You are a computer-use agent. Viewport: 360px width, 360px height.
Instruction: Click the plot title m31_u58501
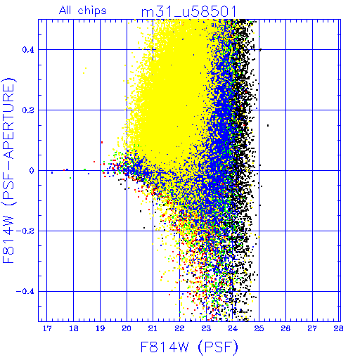[188, 12]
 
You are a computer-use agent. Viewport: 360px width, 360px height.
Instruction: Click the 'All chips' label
[83, 11]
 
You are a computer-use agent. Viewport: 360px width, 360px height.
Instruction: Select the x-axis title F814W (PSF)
[189, 347]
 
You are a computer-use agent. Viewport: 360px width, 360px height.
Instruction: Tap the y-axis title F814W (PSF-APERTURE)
[8, 171]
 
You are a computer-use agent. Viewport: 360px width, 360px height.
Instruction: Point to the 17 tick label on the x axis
[47, 328]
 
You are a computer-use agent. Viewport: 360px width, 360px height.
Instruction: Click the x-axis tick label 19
[100, 328]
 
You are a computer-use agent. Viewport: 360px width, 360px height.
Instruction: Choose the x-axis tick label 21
[153, 328]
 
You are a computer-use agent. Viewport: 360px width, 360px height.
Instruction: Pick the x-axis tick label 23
[206, 328]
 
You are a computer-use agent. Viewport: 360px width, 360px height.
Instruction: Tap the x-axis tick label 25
[259, 328]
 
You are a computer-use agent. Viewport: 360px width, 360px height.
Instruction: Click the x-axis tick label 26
[285, 328]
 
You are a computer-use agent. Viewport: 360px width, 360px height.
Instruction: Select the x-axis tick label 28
[338, 328]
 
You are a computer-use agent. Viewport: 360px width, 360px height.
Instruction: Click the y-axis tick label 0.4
[28, 50]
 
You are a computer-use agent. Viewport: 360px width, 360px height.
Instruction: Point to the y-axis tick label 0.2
[28, 110]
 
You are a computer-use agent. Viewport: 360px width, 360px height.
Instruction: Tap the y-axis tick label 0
[32, 171]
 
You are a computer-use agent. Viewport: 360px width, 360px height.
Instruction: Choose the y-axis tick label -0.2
[25, 231]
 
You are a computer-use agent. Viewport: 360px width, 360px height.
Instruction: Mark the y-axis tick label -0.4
[25, 292]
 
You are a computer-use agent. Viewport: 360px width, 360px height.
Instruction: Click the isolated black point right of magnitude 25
[268, 126]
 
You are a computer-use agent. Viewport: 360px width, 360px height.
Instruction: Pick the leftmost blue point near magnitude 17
[52, 173]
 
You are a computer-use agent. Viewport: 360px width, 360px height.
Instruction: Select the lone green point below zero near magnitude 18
[70, 178]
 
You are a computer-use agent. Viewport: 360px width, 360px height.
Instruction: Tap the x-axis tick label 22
[179, 328]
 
